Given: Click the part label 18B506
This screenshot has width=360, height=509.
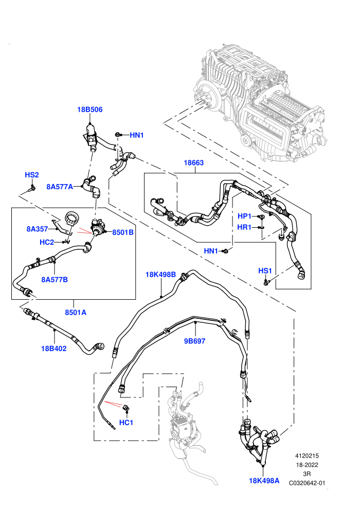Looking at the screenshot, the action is (89, 110).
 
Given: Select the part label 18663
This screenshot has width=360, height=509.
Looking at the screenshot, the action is (194, 162).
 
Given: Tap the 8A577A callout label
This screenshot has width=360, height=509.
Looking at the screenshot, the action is (60, 187).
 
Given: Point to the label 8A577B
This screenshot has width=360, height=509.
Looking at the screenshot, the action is (55, 280).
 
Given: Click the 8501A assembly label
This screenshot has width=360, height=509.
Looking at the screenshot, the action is (76, 312).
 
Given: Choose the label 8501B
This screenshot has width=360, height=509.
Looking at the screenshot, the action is (123, 232).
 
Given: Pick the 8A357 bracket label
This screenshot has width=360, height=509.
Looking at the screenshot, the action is (38, 229).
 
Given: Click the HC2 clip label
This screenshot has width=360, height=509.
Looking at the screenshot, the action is (47, 242).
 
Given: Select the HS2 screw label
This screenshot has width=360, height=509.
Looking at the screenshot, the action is (32, 175).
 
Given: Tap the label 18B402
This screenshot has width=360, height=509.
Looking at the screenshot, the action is (54, 349).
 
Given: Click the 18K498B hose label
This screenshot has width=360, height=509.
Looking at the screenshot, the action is (160, 275).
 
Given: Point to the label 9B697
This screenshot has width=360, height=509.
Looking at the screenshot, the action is (195, 341).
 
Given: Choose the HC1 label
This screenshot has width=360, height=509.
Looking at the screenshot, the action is (127, 422).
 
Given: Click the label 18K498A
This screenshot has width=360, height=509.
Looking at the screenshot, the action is (264, 481).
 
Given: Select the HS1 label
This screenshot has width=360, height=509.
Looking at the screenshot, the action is (265, 271).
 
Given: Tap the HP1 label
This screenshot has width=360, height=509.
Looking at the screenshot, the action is (245, 216).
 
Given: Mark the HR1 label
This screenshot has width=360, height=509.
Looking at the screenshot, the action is (244, 227).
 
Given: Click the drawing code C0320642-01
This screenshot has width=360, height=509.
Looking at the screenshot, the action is (307, 483).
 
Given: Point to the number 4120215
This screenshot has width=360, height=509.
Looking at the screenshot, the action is (307, 456).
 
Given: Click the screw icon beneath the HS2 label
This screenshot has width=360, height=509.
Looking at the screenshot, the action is (32, 188).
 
